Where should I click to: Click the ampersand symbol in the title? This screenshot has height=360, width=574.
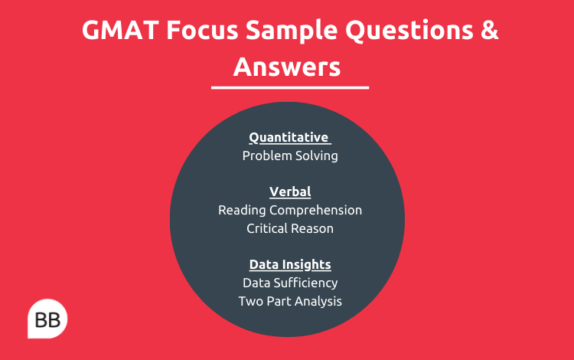(x=488, y=32)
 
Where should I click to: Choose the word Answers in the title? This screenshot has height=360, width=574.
(x=287, y=67)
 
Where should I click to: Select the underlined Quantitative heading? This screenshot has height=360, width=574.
(x=289, y=138)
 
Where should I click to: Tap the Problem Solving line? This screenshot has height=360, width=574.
(x=289, y=155)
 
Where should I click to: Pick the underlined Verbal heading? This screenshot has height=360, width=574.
(x=289, y=191)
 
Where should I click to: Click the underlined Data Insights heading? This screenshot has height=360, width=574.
(x=289, y=264)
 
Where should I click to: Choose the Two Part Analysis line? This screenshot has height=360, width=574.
(x=289, y=301)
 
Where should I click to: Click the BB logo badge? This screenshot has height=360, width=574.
(x=47, y=318)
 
